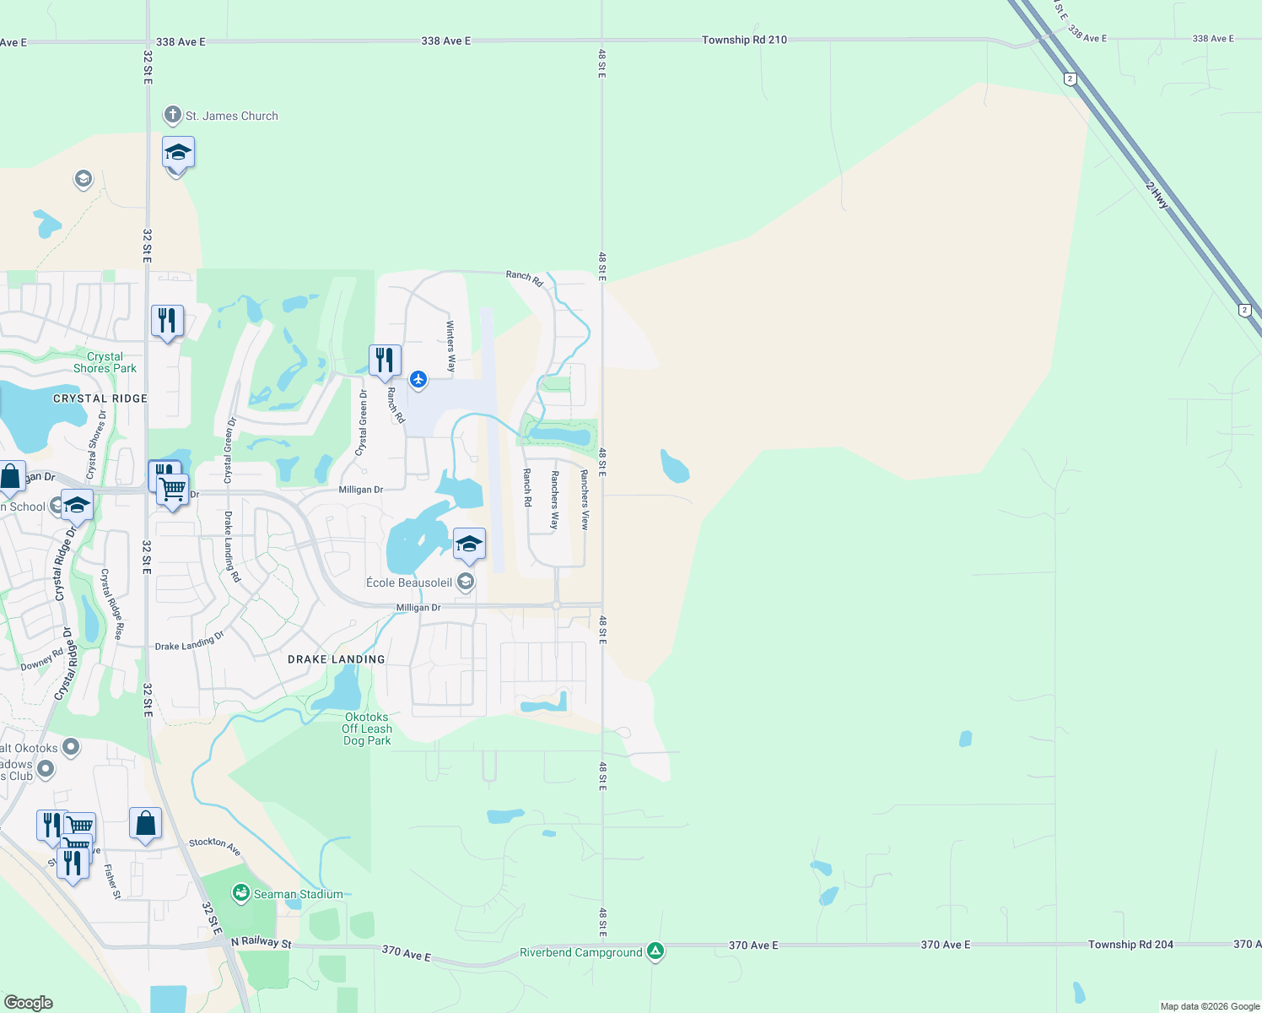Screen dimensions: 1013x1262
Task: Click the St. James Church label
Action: pyautogui.click(x=231, y=116)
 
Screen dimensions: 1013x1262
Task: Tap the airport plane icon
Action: pyautogui.click(x=418, y=379)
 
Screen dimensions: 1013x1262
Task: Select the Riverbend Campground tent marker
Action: pyautogui.click(x=655, y=951)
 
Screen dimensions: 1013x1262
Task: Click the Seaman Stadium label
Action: pyautogui.click(x=298, y=894)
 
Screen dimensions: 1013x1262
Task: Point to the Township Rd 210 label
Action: pyautogui.click(x=744, y=40)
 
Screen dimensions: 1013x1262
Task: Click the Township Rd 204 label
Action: pyautogui.click(x=1130, y=945)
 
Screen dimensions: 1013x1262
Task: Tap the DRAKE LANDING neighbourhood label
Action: pyautogui.click(x=336, y=659)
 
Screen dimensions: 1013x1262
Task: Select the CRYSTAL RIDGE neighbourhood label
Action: pyautogui.click(x=100, y=398)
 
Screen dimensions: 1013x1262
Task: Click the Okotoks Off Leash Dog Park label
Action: pyautogui.click(x=367, y=729)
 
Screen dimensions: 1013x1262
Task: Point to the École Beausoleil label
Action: pyautogui.click(x=409, y=582)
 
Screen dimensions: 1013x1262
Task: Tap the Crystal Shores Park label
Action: pyautogui.click(x=105, y=363)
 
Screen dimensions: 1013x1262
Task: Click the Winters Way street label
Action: pyautogui.click(x=450, y=347)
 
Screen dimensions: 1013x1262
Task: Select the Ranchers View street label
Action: pyautogui.click(x=585, y=500)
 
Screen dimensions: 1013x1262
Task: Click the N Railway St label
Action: pyautogui.click(x=261, y=942)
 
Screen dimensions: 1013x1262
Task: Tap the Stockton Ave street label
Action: pyautogui.click(x=215, y=846)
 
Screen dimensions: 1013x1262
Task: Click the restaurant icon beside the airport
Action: pyautogui.click(x=385, y=360)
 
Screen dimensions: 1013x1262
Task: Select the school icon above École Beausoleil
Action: pyautogui.click(x=469, y=544)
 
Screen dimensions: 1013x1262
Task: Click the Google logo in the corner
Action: pyautogui.click(x=29, y=1003)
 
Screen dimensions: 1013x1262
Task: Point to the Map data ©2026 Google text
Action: pyautogui.click(x=1210, y=1006)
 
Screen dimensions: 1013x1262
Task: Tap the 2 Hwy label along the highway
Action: pyautogui.click(x=1157, y=196)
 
